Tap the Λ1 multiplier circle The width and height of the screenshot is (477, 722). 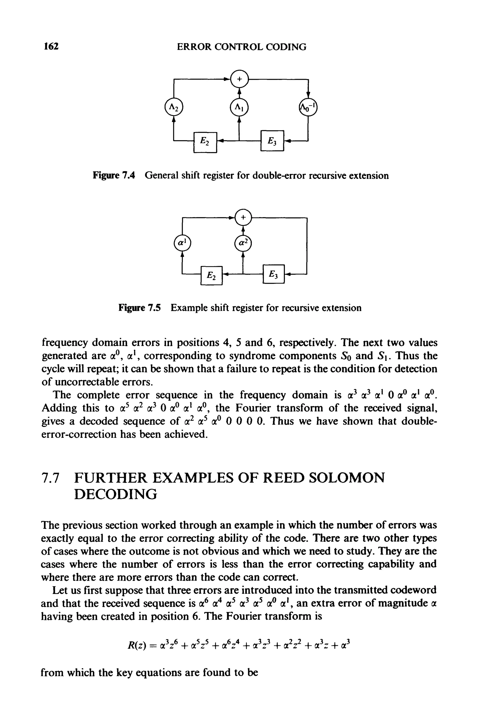coord(239,107)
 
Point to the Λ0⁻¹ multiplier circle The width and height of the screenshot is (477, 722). coord(308,107)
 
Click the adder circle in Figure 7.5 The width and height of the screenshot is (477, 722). coord(243,217)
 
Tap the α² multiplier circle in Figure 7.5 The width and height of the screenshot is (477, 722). coord(243,243)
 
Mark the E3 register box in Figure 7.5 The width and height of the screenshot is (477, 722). coord(273,274)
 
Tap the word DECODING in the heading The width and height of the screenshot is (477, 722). coord(116,494)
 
